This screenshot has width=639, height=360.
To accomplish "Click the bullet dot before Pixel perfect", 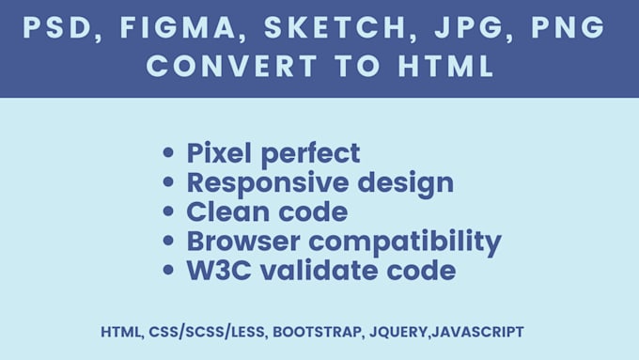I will (169, 153).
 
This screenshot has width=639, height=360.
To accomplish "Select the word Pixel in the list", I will (221, 153).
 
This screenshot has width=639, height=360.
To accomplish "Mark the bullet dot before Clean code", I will (169, 212).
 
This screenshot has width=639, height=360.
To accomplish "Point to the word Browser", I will (240, 242).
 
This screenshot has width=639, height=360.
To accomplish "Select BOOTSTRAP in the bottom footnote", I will (315, 332).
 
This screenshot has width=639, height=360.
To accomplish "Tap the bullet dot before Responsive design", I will (169, 182).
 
